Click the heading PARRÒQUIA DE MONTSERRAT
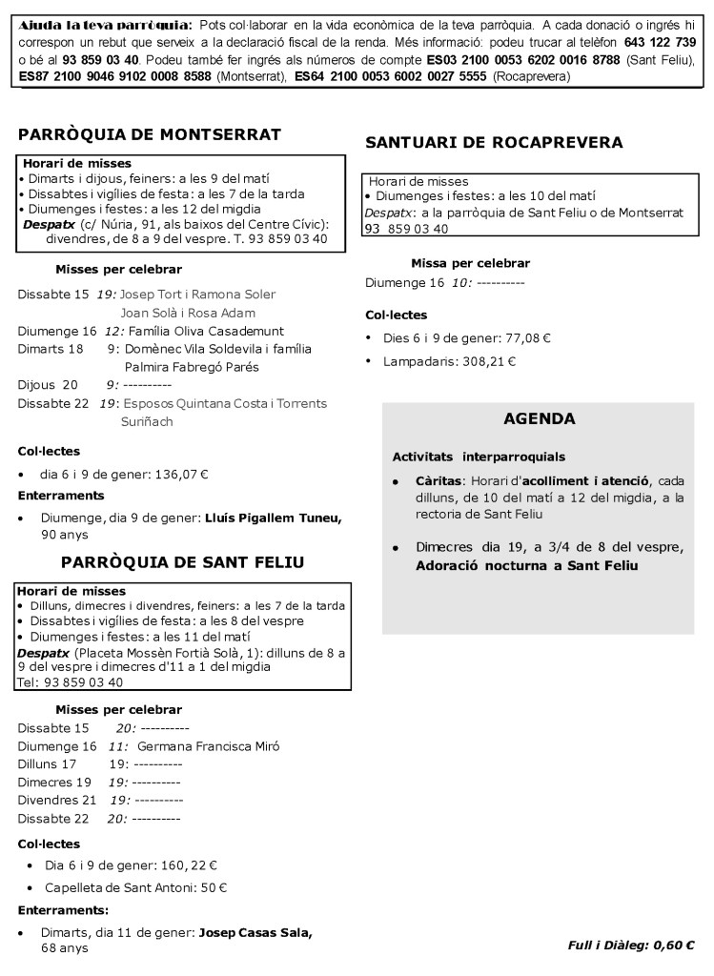149,132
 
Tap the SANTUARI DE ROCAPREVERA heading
494,143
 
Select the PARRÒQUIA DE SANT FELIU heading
182,562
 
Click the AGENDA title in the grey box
539,418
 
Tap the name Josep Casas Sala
255,931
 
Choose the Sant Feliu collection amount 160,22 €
186,865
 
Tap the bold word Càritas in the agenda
439,481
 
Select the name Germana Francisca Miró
208,746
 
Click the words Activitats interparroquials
479,457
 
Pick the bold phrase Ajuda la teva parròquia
103,24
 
